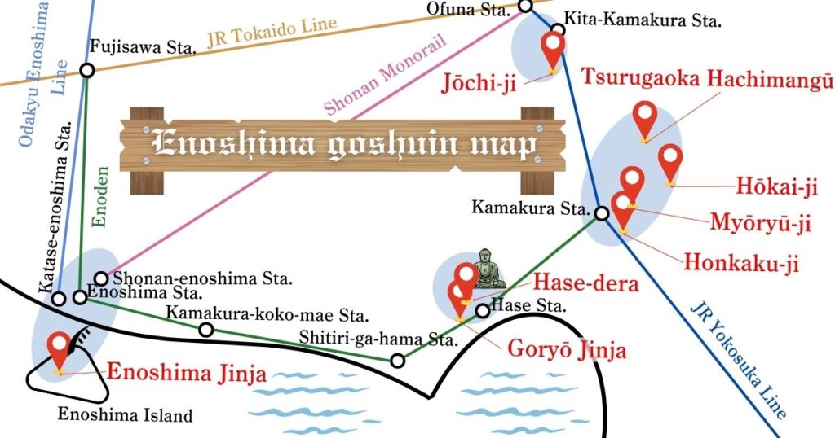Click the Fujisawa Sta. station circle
[87, 70]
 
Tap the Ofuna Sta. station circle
[525, 7]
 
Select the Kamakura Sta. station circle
[601, 214]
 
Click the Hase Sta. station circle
[483, 310]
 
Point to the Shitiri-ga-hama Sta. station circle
[397, 361]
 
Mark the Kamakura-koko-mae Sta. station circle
[206, 329]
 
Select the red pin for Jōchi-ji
[554, 50]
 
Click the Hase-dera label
[586, 283]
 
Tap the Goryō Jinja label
[568, 350]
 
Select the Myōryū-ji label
[760, 223]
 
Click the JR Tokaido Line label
[272, 34]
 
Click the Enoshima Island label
[125, 415]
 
